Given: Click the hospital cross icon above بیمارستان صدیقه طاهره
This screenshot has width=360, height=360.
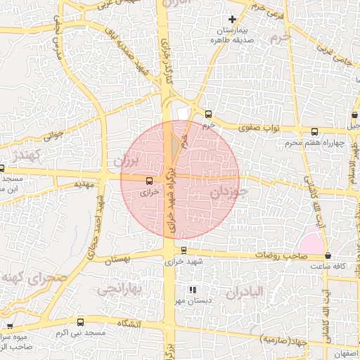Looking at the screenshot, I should point(233,18).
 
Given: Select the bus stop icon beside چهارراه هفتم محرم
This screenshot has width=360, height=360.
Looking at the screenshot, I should point(314,131).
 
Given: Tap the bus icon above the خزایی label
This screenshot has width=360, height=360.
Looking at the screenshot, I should point(146,181).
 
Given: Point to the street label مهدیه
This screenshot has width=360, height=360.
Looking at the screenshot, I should point(83,184).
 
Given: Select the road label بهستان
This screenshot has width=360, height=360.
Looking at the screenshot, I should point(118,260).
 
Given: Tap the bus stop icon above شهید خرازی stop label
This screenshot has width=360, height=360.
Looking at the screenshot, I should point(184,250).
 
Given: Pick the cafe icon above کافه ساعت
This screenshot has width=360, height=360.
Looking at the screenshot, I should point(328,255).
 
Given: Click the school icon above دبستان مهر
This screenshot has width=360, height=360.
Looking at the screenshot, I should point(192,290).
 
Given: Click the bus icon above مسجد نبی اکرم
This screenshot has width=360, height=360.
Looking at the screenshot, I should point(79,321).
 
